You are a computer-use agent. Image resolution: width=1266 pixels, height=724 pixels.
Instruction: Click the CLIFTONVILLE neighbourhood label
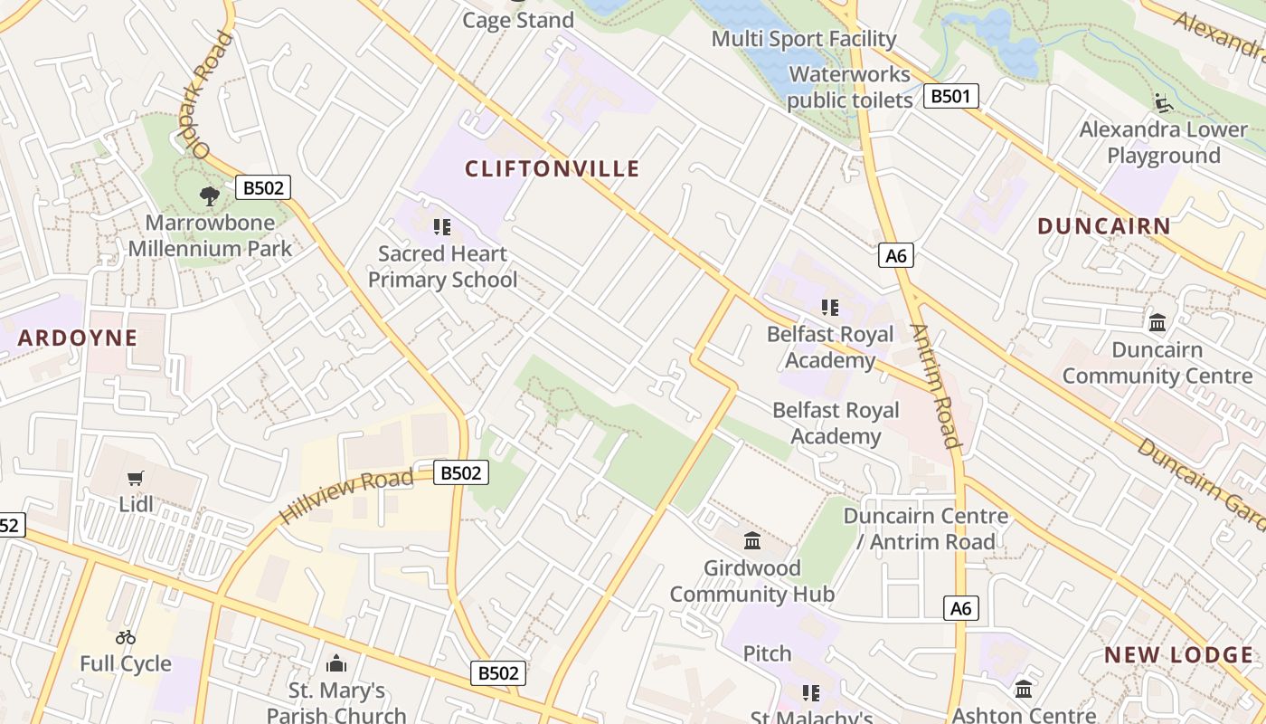point(552,169)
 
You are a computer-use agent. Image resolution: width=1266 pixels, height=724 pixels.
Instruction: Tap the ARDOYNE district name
point(78,338)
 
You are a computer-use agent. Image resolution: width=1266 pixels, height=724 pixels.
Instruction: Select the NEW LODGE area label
point(1178,655)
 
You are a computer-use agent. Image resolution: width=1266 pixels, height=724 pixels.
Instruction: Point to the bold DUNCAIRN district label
point(1103,226)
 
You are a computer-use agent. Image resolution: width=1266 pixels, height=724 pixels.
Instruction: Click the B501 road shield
point(950,96)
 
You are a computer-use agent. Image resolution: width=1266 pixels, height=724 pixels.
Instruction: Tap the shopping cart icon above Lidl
point(136,478)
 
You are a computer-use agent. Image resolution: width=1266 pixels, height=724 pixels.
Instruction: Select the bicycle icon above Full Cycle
point(126,638)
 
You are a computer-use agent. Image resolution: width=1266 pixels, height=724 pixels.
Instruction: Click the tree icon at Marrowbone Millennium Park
point(210,195)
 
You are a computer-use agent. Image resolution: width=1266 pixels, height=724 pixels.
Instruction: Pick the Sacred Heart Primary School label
point(442,267)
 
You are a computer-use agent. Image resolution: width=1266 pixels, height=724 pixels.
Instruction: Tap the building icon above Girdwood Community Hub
point(751,541)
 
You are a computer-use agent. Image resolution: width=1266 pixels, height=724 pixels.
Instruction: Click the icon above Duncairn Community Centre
point(1157,322)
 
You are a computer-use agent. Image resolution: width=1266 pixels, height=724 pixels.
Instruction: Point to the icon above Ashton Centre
point(1023,690)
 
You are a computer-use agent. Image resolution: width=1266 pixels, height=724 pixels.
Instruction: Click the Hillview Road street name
point(347,495)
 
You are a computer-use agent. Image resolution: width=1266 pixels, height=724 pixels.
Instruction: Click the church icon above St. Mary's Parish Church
point(336,664)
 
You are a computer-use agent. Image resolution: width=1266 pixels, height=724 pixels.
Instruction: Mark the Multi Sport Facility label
point(803,39)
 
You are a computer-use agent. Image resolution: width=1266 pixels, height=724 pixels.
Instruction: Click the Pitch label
point(767,653)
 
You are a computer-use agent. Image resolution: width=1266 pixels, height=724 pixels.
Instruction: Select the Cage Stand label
point(518,20)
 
